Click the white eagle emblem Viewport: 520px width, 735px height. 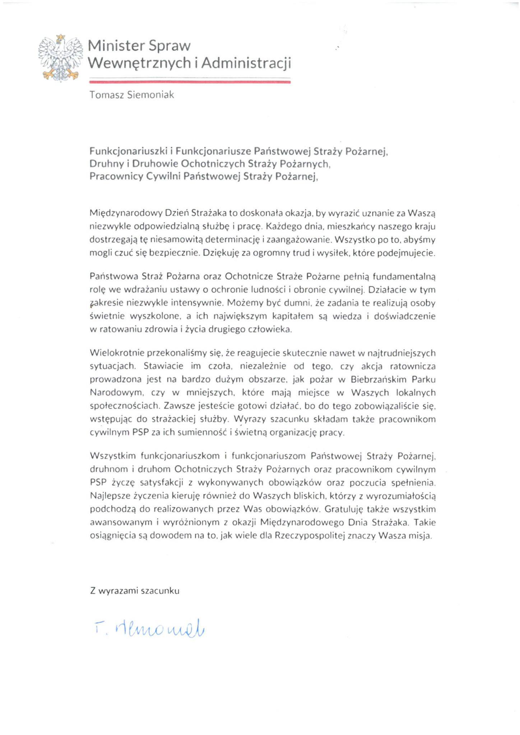(60, 57)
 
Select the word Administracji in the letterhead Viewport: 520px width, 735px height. (246, 63)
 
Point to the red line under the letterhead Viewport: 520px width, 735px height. (190, 82)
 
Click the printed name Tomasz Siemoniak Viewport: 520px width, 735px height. (132, 95)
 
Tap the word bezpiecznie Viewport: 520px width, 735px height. (174, 253)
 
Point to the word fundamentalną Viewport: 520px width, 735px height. (404, 277)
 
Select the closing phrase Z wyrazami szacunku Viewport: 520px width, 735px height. (135, 591)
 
